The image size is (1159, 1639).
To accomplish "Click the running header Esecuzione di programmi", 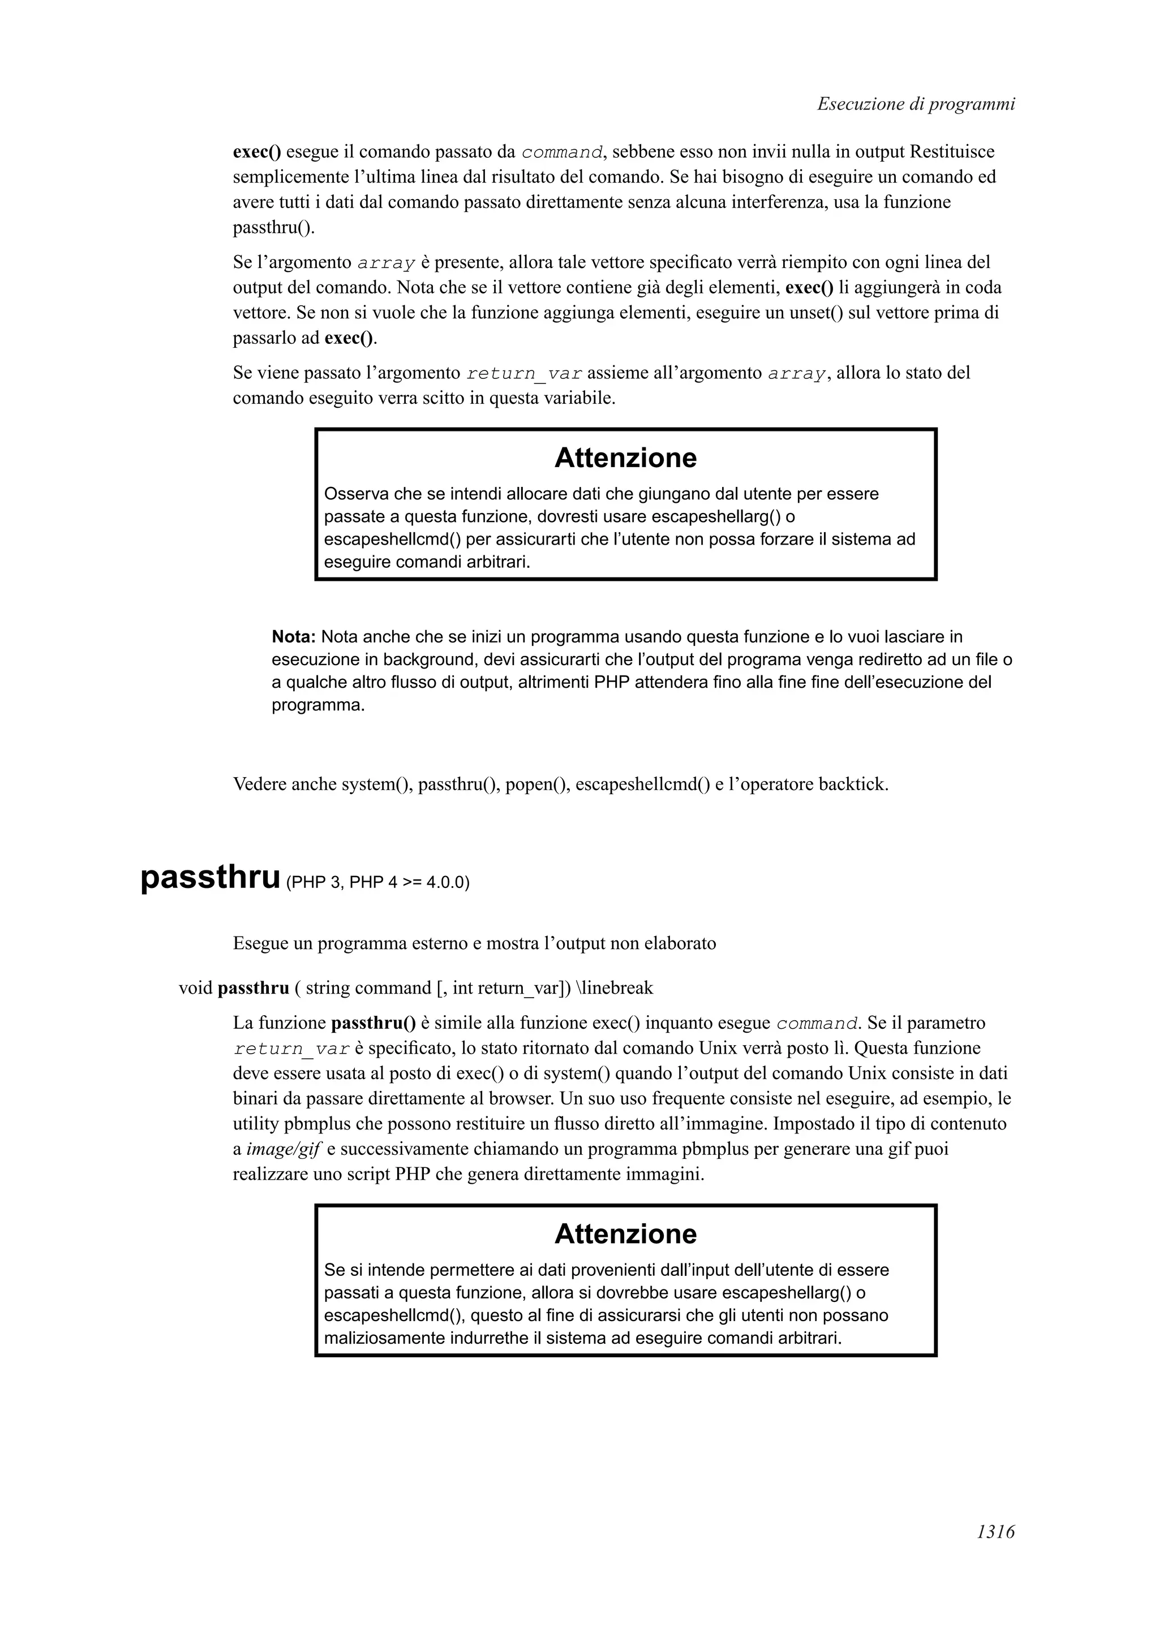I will [916, 104].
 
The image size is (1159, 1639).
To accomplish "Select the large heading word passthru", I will [210, 877].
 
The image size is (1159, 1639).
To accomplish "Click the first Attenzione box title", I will [625, 458].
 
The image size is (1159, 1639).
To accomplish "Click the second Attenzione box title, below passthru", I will [625, 1233].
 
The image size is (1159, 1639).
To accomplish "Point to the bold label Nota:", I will [294, 637].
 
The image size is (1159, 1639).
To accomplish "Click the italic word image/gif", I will [284, 1149].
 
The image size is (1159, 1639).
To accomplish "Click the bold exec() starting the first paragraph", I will [256, 152].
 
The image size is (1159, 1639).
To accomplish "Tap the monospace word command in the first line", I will [561, 153].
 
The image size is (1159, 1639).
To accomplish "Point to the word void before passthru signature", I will [195, 988].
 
